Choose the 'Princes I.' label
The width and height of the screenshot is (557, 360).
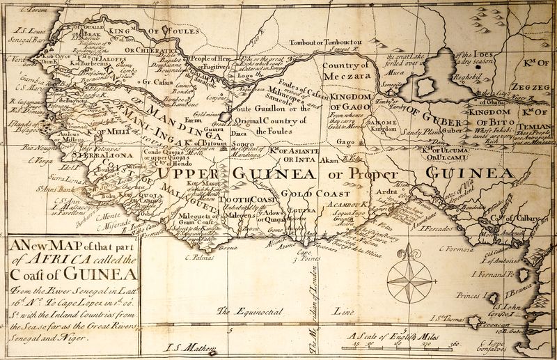pos(469,295)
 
